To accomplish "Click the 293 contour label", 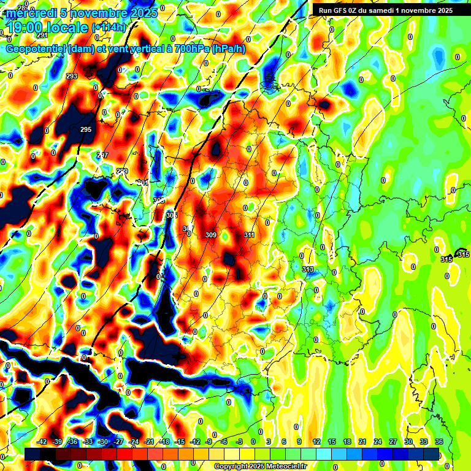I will [72, 76].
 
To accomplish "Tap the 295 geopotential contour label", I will [86, 129].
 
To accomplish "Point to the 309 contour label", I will [211, 235].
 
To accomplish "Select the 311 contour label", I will [249, 235].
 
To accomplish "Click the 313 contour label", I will [308, 269].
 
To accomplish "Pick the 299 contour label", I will [122, 171].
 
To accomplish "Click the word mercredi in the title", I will [33, 12].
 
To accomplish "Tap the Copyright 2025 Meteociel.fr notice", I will [260, 466].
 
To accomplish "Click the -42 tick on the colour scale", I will [42, 442].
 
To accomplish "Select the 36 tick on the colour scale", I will [438, 442].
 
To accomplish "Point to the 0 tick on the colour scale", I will [253, 442].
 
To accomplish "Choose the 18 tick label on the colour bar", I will [347, 442].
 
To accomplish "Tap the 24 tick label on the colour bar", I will [378, 442].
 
